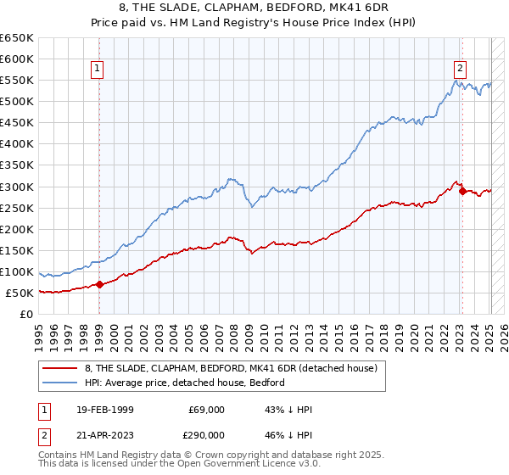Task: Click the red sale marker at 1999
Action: point(99,284)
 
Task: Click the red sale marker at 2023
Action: point(462,191)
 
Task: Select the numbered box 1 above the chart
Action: point(98,70)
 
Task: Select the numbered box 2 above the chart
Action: point(460,70)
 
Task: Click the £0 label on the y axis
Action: point(25,314)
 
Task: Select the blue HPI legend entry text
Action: point(184,383)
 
